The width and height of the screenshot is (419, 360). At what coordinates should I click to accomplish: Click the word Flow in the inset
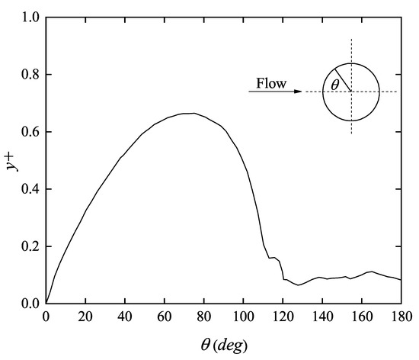pyautogui.click(x=271, y=83)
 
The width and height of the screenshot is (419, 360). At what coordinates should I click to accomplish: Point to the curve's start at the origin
pyautogui.click(x=46, y=303)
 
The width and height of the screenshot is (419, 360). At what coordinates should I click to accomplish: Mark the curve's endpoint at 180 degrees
pyautogui.click(x=400, y=280)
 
